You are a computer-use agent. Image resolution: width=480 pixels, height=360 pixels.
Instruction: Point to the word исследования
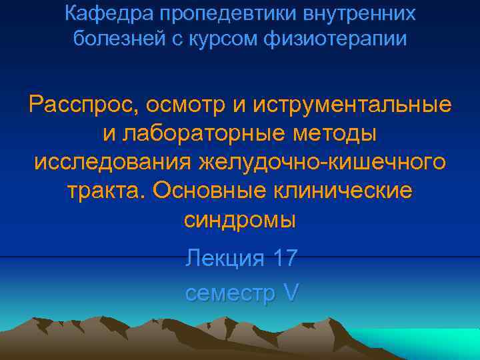pos(111,162)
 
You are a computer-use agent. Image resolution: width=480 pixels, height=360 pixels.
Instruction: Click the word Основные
pos(212,191)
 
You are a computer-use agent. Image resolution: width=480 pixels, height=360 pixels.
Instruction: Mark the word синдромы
pos(239,219)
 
